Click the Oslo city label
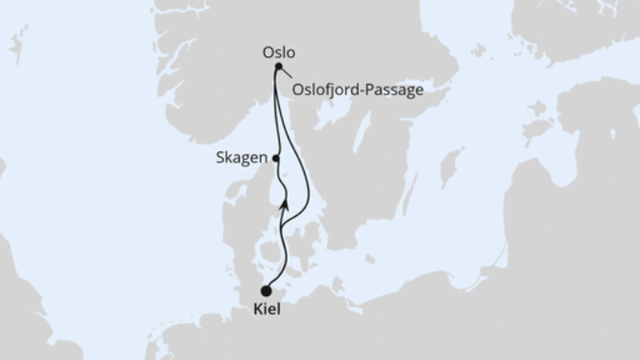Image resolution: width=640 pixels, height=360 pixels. point(279,53)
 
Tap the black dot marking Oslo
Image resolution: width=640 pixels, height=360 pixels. point(278,67)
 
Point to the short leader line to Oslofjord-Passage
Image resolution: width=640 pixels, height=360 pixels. point(286,76)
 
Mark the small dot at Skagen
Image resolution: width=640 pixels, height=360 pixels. point(276,158)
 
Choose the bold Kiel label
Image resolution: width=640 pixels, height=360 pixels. point(267,310)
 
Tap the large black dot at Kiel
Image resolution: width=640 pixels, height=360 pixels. point(266,292)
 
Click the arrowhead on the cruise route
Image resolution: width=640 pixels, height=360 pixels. point(283,205)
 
